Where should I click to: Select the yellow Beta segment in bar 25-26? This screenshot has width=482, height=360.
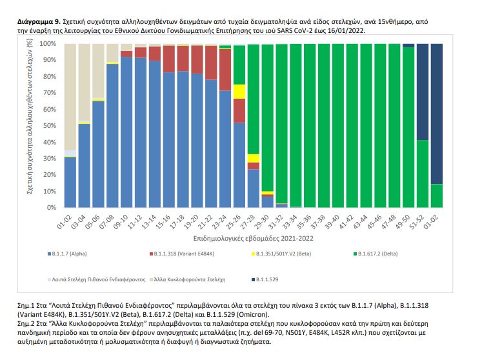tap(239, 92)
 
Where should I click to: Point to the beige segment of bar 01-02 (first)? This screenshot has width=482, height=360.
tap(70, 97)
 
